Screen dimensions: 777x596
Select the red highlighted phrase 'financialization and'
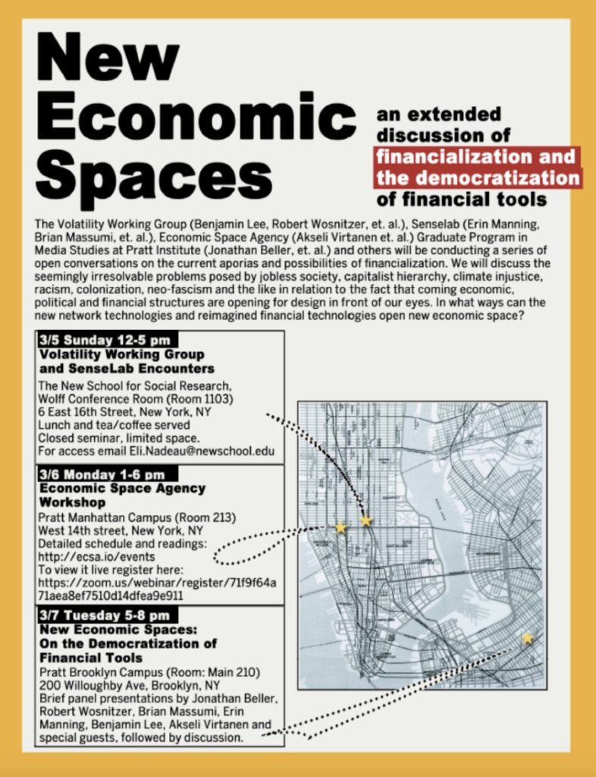click(476, 158)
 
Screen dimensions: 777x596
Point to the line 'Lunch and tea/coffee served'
click(114, 425)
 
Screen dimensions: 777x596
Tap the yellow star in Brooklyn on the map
click(527, 638)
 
